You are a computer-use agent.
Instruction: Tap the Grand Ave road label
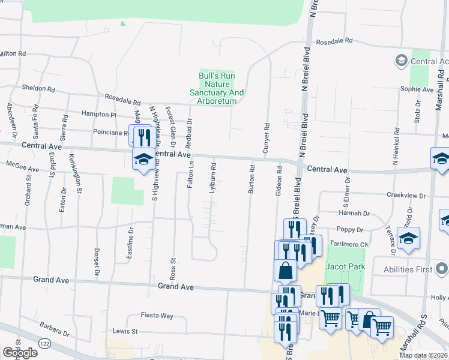[176, 287]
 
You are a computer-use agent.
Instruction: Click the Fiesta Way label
[157, 316]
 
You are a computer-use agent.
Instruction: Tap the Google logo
[20, 353]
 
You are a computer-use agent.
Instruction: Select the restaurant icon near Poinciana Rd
[143, 136]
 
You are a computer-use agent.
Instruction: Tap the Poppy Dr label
[351, 230]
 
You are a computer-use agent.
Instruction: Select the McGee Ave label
[22, 166]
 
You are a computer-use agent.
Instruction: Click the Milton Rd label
[13, 54]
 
